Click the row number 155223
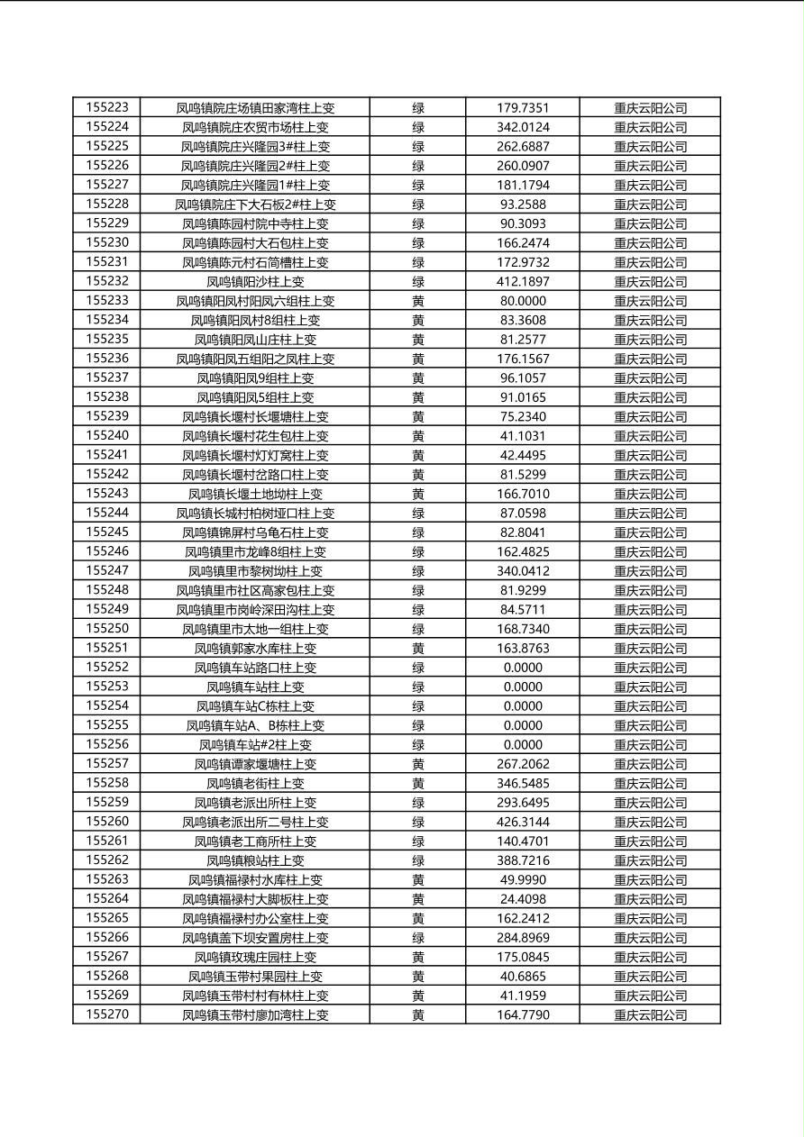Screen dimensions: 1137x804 (107, 107)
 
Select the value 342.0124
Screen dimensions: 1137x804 (523, 127)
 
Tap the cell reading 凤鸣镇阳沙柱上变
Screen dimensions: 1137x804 (255, 281)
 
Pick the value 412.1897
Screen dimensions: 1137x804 (523, 281)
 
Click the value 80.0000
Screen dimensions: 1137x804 (523, 301)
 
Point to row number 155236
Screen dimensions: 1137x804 (107, 359)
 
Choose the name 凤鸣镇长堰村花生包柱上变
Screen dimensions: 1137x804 (255, 436)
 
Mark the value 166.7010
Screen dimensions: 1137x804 (523, 494)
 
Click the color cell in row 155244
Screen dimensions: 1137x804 (418, 513)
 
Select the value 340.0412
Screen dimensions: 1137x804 (523, 570)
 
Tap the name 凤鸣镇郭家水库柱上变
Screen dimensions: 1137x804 (255, 648)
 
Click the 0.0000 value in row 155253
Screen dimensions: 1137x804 (523, 687)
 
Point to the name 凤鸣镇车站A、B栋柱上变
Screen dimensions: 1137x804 (255, 725)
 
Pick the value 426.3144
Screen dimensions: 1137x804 (523, 822)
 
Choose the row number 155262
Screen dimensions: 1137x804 (107, 860)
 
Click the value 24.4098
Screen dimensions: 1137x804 (523, 899)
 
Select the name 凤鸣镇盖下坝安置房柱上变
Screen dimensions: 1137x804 (255, 938)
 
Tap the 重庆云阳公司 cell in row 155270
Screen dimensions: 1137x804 (650, 1014)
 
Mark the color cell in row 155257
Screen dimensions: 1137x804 (418, 764)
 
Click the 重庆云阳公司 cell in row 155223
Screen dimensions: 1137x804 (650, 107)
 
